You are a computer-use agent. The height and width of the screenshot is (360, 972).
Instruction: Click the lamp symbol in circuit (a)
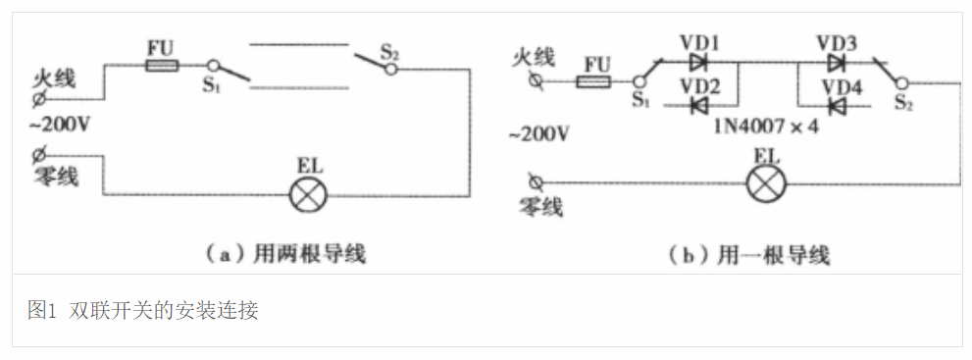click(x=307, y=194)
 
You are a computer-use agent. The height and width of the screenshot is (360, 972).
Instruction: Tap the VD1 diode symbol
click(x=698, y=62)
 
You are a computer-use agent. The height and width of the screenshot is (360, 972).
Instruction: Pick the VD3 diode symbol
click(x=836, y=62)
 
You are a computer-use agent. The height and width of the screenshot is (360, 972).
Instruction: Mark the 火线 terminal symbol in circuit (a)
click(x=38, y=100)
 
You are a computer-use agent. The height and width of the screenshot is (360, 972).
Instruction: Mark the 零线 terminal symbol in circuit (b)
click(x=536, y=181)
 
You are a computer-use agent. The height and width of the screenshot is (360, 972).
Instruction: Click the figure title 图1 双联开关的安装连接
click(x=143, y=311)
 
